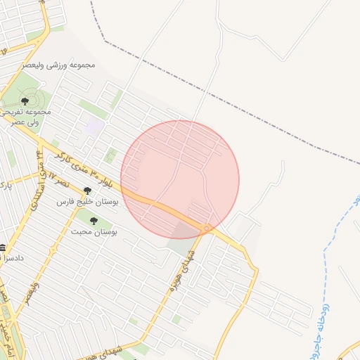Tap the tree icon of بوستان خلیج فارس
click(87, 191)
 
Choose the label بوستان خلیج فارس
click(87, 202)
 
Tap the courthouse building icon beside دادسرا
click(4, 247)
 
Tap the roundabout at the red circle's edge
click(206, 227)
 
